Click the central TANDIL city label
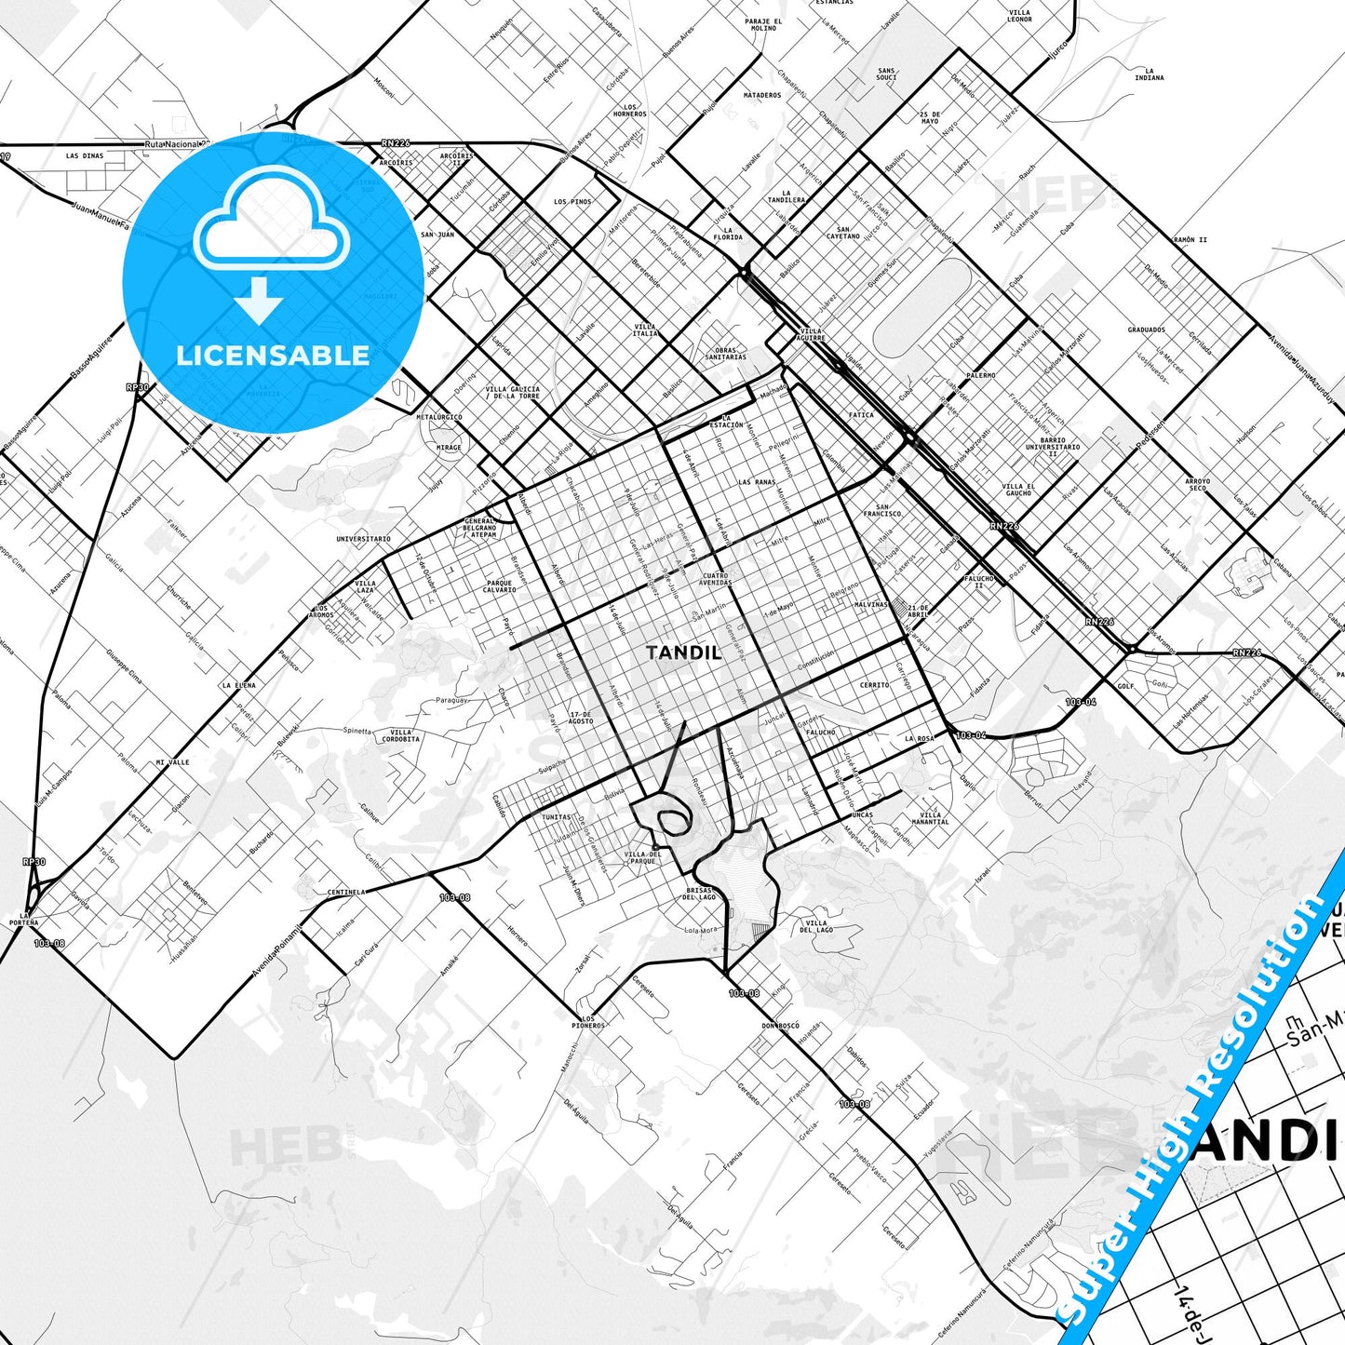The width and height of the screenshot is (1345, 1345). (683, 652)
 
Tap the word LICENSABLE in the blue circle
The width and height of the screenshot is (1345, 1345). (273, 356)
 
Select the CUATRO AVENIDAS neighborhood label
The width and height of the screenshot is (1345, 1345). (715, 579)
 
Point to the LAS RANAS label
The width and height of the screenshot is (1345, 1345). (757, 482)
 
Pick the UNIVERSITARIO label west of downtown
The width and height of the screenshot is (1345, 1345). (364, 539)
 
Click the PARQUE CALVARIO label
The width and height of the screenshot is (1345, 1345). (500, 586)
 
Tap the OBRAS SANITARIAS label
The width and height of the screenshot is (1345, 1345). (725, 354)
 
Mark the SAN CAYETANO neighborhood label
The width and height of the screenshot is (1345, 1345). (843, 233)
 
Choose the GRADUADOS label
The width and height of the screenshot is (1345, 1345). (1146, 330)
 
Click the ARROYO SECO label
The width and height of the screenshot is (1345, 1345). (1198, 484)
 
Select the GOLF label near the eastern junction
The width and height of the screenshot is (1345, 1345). (1125, 685)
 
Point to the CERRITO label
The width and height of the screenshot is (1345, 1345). (874, 685)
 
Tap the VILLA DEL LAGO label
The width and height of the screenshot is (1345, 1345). (817, 926)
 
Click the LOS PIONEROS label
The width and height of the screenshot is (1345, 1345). (588, 1022)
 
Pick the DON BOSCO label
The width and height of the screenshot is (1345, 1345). (780, 1026)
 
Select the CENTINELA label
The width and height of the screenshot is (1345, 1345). (345, 892)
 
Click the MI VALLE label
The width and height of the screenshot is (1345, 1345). (172, 762)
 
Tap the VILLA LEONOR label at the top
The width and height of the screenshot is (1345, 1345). (1019, 16)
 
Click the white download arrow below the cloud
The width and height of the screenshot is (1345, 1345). (259, 300)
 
